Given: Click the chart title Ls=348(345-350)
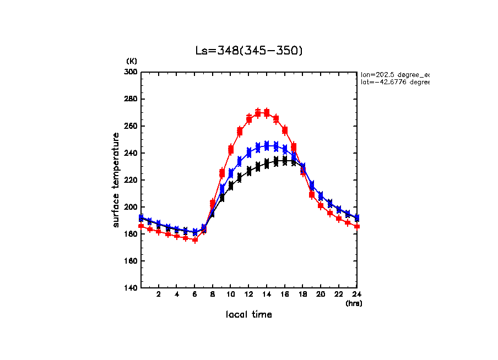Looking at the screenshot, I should [x=249, y=51].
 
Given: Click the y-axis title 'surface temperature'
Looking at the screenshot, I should [x=116, y=180].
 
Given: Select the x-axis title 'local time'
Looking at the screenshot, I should [x=249, y=314].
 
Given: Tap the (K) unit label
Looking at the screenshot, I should [x=132, y=61].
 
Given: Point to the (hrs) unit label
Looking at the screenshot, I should [x=354, y=303].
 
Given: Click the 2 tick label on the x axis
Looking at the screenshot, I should [x=159, y=294].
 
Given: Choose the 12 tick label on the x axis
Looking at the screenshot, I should [x=248, y=294].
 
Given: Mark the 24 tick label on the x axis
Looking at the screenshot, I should [x=356, y=294].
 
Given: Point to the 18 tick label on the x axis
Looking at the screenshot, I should [x=302, y=294].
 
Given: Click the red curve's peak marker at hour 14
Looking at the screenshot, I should [x=267, y=113].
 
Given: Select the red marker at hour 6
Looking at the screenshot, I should [x=195, y=239].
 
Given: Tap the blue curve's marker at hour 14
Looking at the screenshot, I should [x=267, y=145].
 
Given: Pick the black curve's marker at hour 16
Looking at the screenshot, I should [x=285, y=160].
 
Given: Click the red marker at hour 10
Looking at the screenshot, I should [x=231, y=149].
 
